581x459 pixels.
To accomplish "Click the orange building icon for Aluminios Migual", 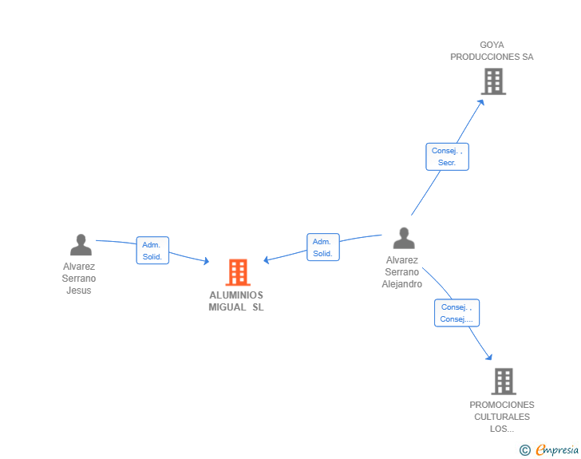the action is point(238,272).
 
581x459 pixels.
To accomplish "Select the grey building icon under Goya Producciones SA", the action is point(493,81).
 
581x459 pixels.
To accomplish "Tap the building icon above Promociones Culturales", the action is point(504,381).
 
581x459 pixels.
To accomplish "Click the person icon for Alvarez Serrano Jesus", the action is point(81,245).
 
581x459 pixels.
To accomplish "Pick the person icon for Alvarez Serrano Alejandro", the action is point(404,238).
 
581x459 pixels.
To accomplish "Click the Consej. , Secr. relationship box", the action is point(447,156).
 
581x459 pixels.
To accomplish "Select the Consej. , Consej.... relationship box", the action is point(457,313).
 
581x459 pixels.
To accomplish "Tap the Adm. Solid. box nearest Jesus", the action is point(152,251).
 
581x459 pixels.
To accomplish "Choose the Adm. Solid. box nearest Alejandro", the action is point(323,247).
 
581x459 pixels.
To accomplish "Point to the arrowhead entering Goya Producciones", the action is point(481,102).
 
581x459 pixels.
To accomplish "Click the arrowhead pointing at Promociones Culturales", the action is point(489,357).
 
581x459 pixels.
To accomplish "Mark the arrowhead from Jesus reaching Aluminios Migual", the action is point(207,261).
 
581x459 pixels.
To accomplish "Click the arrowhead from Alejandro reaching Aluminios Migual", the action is point(266,260).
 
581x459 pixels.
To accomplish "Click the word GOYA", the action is point(492,45).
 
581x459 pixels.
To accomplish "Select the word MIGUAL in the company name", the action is point(227,307).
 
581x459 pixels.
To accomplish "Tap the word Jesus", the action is point(78,291).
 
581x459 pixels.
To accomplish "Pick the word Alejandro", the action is point(402,284).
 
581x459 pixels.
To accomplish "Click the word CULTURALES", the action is point(502,417).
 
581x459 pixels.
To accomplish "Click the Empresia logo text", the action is point(557,450).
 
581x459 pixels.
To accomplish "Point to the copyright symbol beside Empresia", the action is point(525,450).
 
